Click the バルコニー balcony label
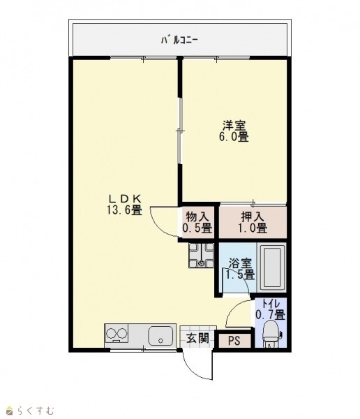[179, 41]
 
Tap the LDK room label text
[124, 198]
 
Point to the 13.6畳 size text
[124, 210]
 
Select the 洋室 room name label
[234, 125]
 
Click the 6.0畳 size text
[234, 137]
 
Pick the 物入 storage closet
[197, 222]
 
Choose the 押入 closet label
[253, 216]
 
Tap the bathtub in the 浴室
[271, 267]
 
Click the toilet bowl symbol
[271, 335]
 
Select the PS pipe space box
[234, 341]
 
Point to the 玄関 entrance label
[197, 338]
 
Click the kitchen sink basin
[160, 336]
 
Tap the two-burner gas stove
[117, 334]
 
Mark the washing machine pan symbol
[202, 256]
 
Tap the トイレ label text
[271, 304]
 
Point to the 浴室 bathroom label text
[240, 263]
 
